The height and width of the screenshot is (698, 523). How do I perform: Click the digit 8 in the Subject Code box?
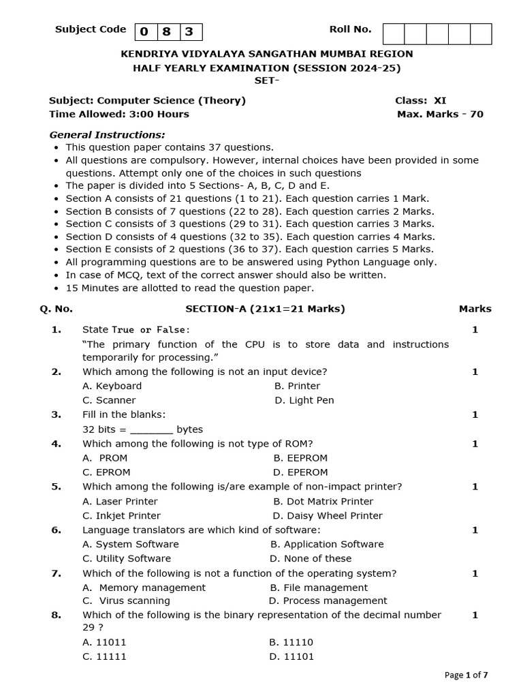[x=167, y=32]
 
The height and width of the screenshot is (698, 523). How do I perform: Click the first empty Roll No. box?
[x=394, y=33]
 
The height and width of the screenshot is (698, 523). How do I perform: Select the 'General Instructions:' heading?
[x=107, y=135]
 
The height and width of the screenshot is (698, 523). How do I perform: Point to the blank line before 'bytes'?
[x=151, y=430]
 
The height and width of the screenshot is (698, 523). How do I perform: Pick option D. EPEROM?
[x=300, y=472]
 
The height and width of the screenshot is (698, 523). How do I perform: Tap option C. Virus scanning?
[x=126, y=601]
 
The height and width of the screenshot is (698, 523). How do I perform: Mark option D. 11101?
[x=291, y=656]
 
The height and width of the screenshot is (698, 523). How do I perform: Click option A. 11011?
[x=104, y=642]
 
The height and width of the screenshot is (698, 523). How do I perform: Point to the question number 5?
[x=56, y=487]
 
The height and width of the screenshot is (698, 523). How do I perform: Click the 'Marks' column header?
[x=475, y=309]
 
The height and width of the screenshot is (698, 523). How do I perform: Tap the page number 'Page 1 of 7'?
[x=466, y=675]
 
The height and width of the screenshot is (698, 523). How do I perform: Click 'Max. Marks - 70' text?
[x=440, y=114]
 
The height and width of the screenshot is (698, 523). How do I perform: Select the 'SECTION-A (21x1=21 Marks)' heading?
[x=265, y=309]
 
